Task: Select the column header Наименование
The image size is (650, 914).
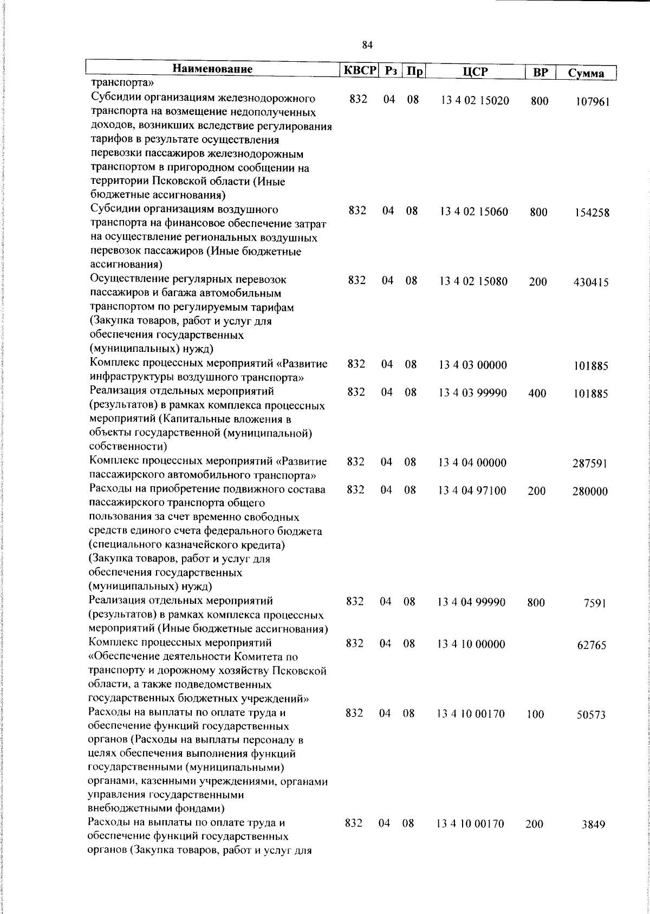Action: pos(213,69)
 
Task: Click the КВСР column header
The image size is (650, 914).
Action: pos(359,71)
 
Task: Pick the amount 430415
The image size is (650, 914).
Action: pos(591,282)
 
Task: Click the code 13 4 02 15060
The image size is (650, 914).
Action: pos(474,212)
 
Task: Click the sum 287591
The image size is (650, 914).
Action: pos(590,464)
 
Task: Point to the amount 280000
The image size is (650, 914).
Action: pos(590,492)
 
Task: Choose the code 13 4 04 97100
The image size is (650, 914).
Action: pos(472,491)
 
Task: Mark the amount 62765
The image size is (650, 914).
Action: pos(591,645)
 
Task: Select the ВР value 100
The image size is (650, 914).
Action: pos(535,715)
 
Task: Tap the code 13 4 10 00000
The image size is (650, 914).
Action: pos(471,645)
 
